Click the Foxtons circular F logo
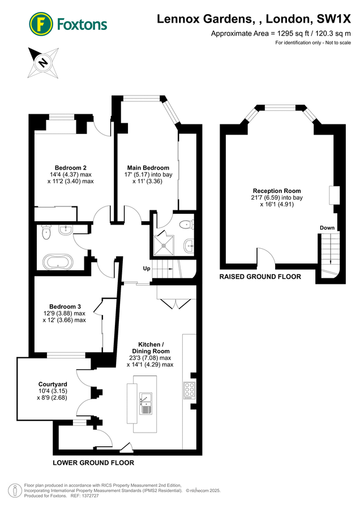41,24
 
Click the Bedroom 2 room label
71,168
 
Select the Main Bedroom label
148,168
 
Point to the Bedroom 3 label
65,307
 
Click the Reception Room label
277,191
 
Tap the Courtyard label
53,385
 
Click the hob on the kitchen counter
190,390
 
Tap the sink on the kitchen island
146,403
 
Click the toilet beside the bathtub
46,232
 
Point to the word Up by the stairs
147,269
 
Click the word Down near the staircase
327,227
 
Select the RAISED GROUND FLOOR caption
260,277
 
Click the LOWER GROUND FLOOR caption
93,463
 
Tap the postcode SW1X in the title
334,19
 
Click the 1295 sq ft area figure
286,33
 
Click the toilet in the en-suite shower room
187,225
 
